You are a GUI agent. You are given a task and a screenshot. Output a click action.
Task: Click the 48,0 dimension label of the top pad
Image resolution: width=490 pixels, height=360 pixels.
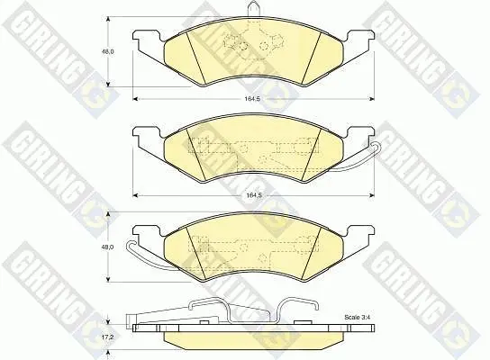coord(109,51)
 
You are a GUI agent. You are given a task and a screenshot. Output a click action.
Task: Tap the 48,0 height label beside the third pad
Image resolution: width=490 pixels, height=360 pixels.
coord(109,247)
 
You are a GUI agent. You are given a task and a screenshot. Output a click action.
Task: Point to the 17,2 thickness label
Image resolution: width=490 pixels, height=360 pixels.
coord(108,337)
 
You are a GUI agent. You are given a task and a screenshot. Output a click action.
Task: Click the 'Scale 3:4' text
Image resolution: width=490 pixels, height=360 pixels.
coord(358,317)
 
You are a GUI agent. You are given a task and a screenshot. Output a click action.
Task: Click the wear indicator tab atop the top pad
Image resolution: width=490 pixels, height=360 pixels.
coord(253,7)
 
